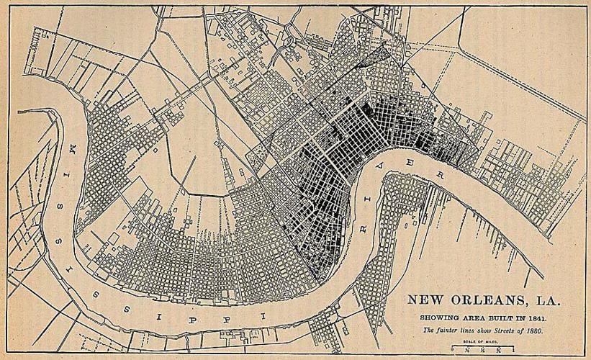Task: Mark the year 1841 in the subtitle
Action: point(536,318)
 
